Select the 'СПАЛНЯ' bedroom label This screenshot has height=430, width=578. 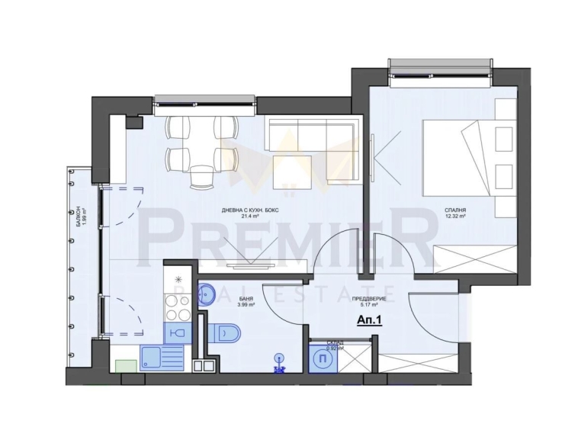(x=457, y=209)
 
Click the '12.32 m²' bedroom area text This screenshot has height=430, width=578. (x=457, y=217)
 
